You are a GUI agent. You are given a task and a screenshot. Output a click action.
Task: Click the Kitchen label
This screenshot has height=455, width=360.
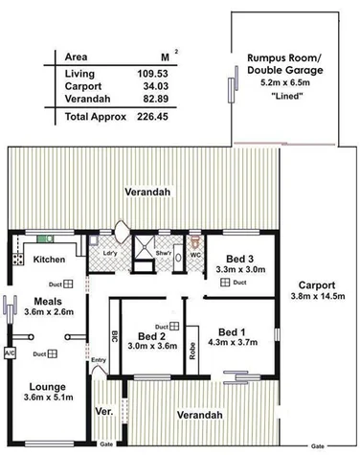click(x=49, y=260)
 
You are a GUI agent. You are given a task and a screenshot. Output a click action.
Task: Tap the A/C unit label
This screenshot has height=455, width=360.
click(x=10, y=352)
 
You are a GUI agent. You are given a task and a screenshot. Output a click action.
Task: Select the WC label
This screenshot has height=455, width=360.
click(x=194, y=255)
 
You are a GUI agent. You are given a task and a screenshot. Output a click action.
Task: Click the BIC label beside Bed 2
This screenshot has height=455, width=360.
click(x=114, y=337)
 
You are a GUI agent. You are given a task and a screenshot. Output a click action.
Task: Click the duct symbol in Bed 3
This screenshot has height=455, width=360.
click(x=222, y=284)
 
